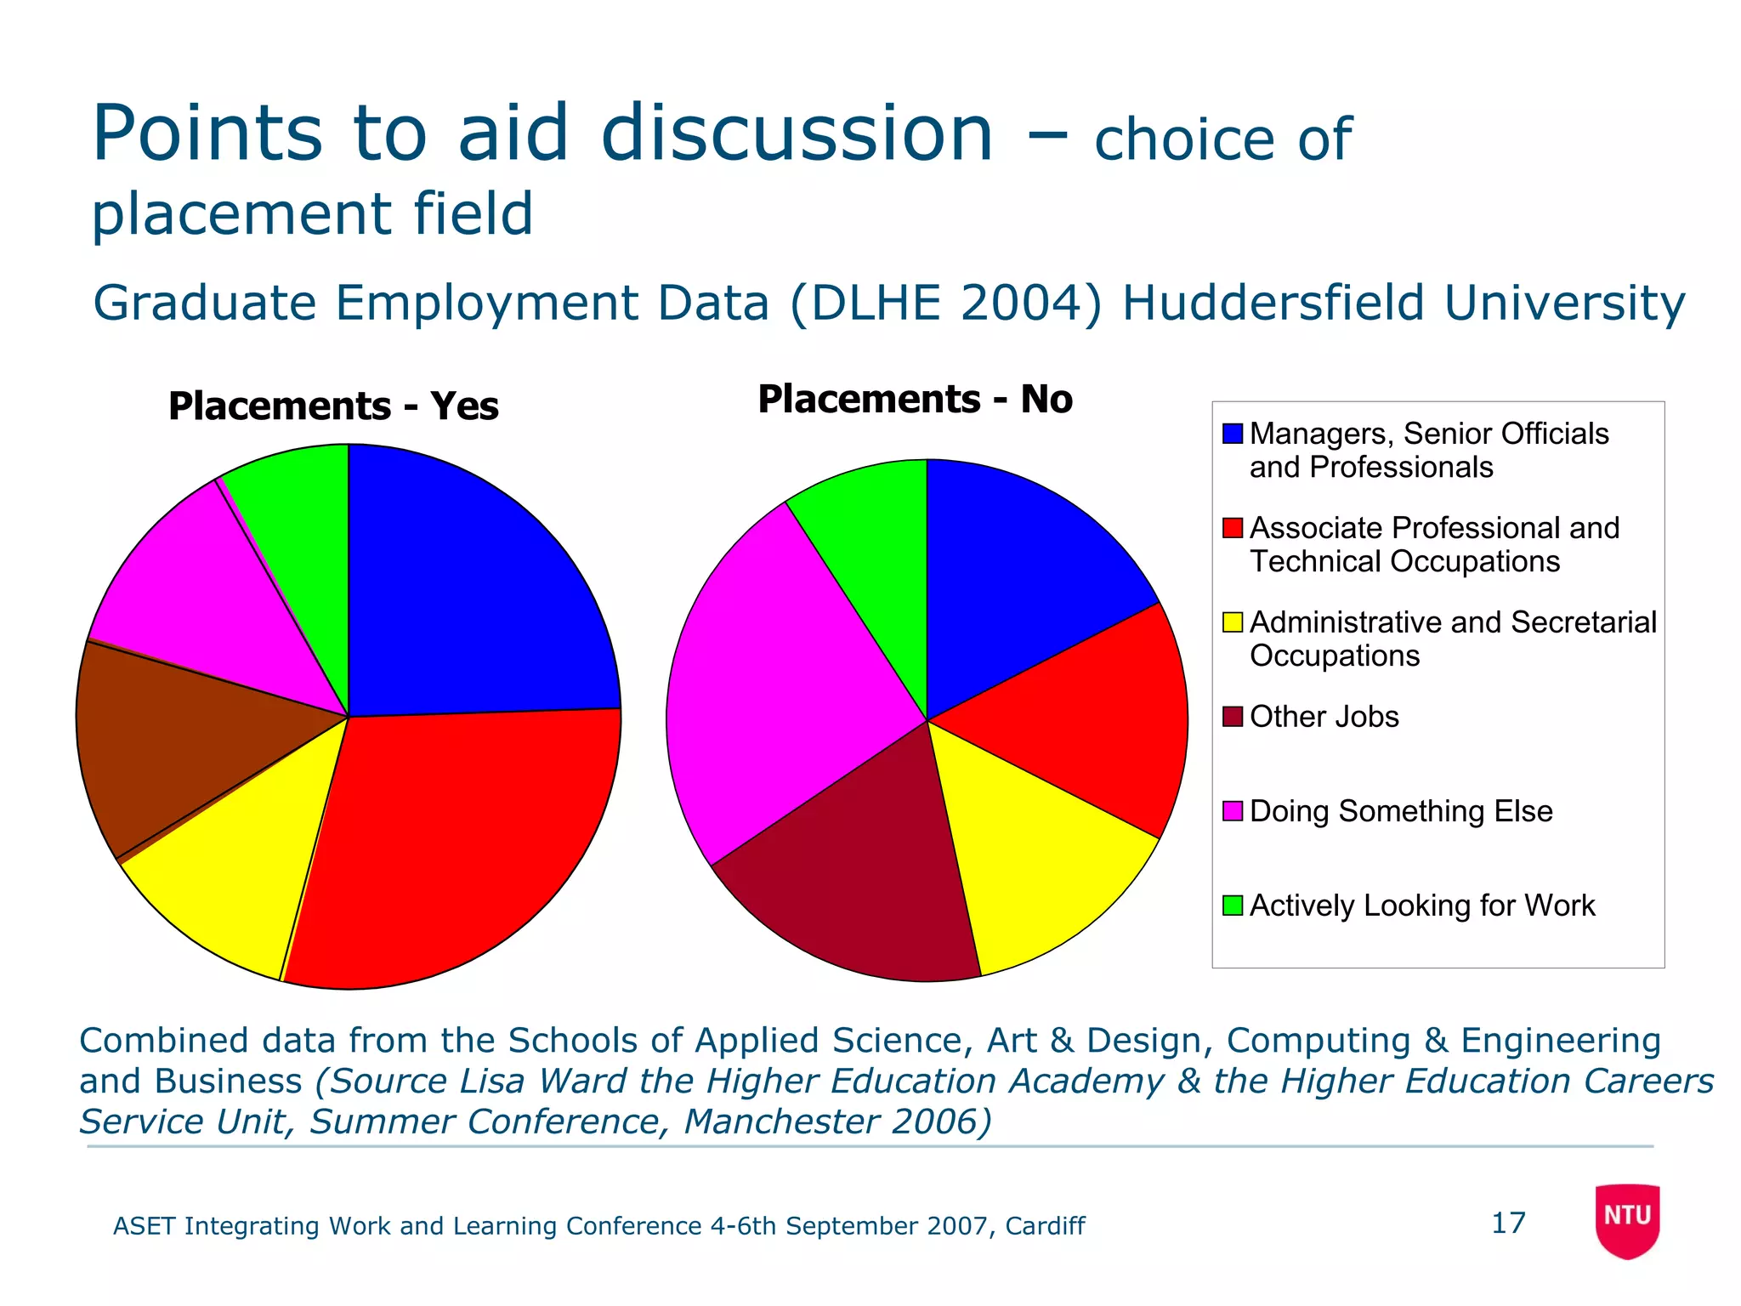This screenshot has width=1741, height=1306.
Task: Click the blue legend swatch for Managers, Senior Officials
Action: [1232, 434]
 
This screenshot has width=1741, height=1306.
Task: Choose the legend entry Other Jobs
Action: [1324, 717]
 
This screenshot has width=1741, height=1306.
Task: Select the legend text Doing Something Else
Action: [1401, 811]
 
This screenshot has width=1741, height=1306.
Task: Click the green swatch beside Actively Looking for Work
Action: [1232, 906]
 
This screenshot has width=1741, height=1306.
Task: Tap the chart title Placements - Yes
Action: [333, 406]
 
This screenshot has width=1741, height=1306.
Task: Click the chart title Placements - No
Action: [915, 400]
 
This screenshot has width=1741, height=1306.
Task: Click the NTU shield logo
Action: [1627, 1220]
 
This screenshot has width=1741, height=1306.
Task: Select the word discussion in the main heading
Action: [797, 134]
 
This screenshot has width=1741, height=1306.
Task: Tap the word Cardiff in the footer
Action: [1044, 1226]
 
